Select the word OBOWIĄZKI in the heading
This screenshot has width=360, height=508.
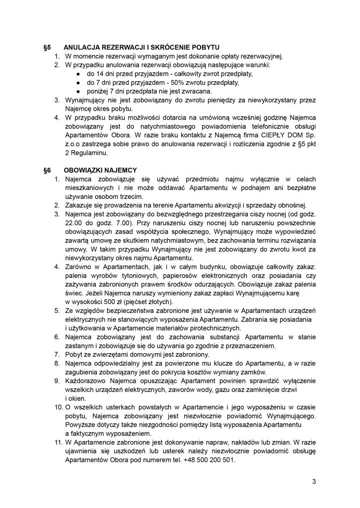pos(85,170)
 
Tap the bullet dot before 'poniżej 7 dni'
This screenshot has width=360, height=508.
pos(78,91)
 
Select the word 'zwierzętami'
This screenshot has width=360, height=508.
pos(113,355)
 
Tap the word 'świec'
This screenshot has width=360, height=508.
pos(73,293)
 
